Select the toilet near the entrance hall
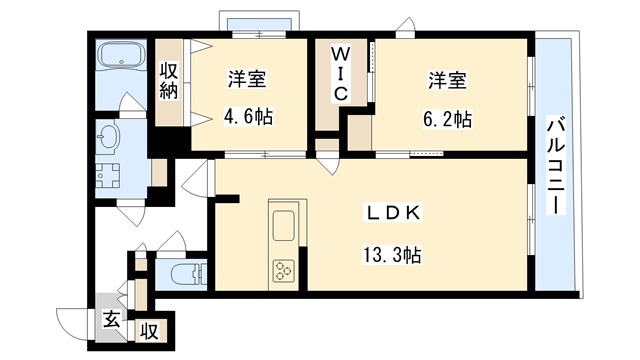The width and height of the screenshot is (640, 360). (x=183, y=272)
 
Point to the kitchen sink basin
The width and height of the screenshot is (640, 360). (x=282, y=222)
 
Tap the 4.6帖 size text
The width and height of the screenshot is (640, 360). (x=246, y=117)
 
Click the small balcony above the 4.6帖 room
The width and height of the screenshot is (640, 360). (x=257, y=23)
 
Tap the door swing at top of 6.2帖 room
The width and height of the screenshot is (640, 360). (x=405, y=26)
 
